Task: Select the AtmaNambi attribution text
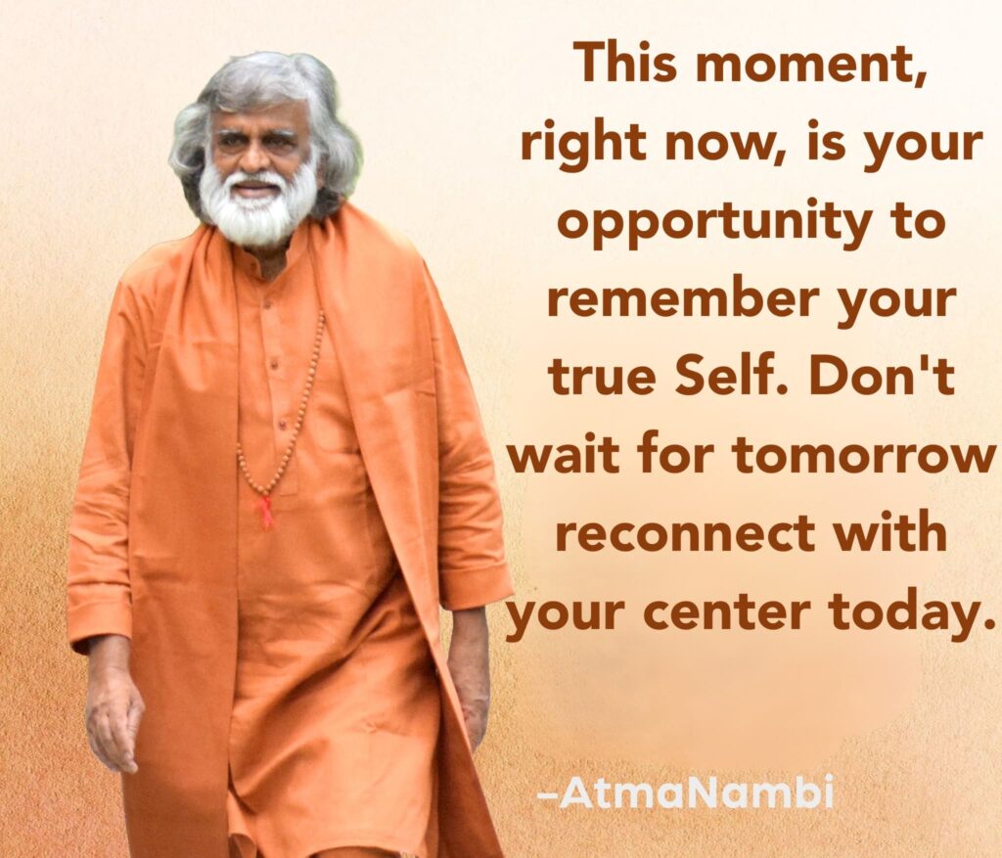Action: (x=686, y=792)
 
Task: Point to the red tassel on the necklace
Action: (x=265, y=511)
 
